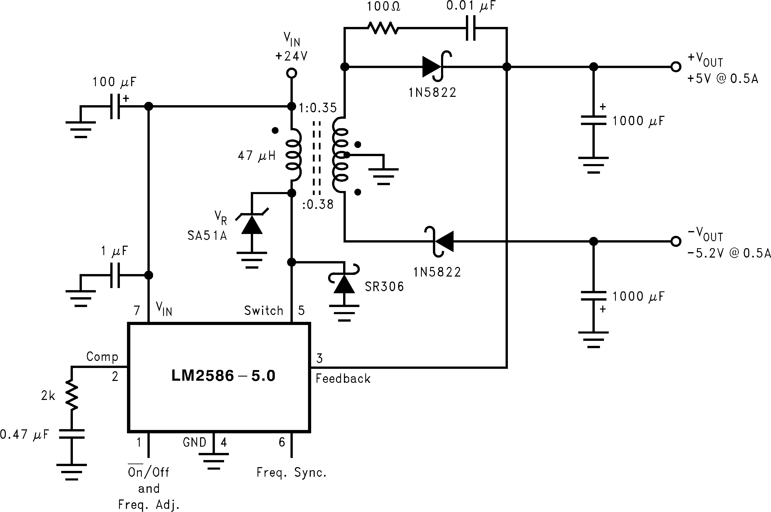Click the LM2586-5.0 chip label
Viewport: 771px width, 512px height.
coord(223,376)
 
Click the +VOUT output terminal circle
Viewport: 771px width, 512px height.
coord(676,67)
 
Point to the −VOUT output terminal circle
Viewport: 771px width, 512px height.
coord(676,242)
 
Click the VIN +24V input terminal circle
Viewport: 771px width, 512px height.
coord(291,73)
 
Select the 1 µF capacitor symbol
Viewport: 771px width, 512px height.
coord(115,275)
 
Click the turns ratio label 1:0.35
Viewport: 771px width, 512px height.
coord(318,108)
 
